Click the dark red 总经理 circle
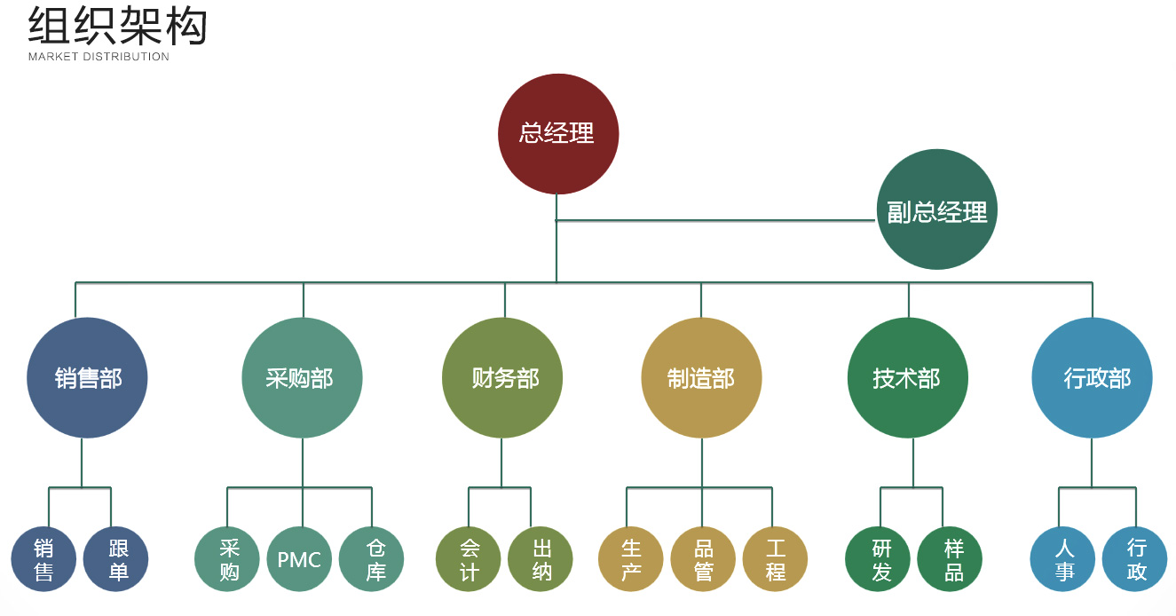tap(557, 134)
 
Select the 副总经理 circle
tap(937, 210)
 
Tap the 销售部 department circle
tap(88, 378)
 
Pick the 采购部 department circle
tap(302, 378)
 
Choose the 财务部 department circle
tap(502, 378)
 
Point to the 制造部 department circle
tap(701, 378)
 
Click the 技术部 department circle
tap(907, 378)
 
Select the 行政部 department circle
tap(1092, 378)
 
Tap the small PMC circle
tap(299, 559)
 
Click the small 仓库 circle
tap(372, 559)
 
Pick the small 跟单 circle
tap(116, 559)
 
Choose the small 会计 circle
tap(469, 559)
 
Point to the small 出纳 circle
tap(541, 559)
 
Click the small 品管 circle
tap(703, 559)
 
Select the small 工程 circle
tap(775, 559)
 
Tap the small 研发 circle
tap(879, 559)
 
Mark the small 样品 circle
tap(951, 559)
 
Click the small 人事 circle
tap(1062, 559)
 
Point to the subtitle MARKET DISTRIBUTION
tap(99, 57)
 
